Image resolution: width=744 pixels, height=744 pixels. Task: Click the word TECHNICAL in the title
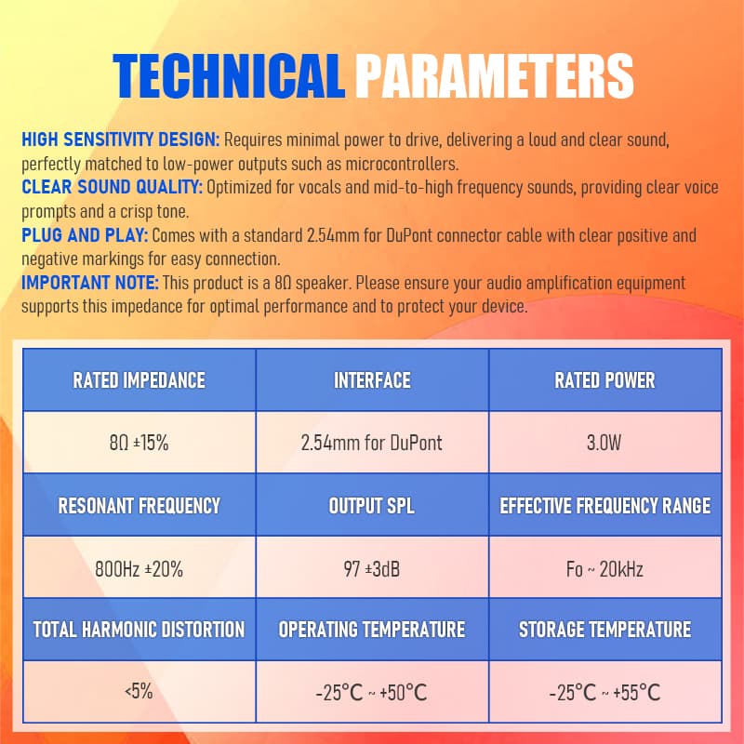[229, 76]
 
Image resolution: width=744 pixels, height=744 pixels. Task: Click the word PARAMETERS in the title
[494, 76]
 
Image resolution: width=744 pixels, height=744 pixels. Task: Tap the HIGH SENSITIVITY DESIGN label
[121, 139]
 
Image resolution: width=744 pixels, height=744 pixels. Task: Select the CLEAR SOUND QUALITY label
[112, 187]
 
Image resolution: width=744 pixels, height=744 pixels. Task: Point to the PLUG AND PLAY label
[85, 235]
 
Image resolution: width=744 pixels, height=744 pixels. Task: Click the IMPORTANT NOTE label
[90, 283]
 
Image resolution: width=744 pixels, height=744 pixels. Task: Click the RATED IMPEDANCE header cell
[139, 380]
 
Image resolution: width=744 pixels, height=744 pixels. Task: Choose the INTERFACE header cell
[372, 380]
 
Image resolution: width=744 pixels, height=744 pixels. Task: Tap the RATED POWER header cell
[605, 380]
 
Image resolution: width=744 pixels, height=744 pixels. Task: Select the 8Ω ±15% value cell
[139, 443]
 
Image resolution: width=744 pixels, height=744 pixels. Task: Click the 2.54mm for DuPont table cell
[372, 443]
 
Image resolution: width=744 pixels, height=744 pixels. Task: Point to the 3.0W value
[604, 443]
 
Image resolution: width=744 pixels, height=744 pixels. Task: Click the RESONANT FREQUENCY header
[139, 505]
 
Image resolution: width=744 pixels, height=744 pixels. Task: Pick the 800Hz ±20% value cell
[139, 568]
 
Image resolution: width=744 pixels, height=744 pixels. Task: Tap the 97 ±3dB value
[372, 568]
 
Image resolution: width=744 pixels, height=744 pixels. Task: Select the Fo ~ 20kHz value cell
[605, 568]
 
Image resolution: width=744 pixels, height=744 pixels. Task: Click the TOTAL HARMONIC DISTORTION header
[139, 630]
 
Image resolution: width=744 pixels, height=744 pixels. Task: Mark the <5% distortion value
[139, 691]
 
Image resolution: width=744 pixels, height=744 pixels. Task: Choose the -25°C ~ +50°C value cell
[372, 692]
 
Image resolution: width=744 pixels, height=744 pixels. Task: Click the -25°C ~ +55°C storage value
[605, 692]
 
